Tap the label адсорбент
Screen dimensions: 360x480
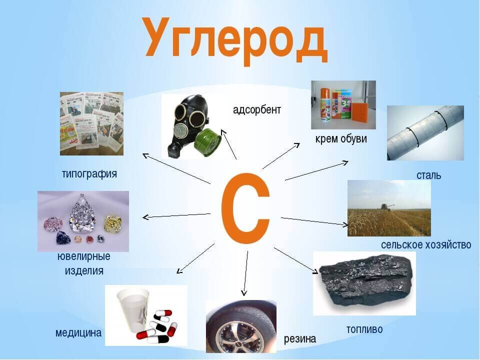(x=257, y=109)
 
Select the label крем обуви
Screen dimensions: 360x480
(x=341, y=139)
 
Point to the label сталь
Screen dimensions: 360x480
(x=429, y=175)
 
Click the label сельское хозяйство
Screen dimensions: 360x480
(x=426, y=245)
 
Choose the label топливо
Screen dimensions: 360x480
(x=364, y=329)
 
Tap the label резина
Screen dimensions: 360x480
(x=300, y=339)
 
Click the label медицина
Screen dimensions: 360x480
(x=78, y=333)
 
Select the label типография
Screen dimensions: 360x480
(x=89, y=174)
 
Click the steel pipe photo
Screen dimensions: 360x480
(x=425, y=132)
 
